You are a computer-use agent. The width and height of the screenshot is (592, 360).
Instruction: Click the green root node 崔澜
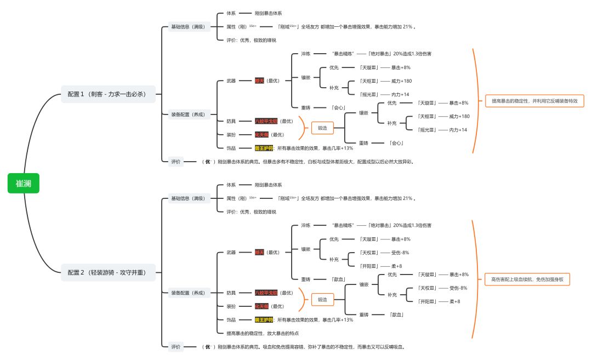point(24,184)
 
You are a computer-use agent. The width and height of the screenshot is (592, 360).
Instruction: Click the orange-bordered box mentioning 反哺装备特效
point(534,101)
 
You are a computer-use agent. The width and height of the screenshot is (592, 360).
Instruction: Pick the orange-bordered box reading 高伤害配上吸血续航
point(527,279)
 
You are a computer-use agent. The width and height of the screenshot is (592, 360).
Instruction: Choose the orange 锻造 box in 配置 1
point(322,128)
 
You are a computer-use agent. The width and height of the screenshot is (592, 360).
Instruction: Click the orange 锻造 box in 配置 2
point(322,300)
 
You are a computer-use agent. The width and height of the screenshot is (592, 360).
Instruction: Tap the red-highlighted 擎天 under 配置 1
point(259,81)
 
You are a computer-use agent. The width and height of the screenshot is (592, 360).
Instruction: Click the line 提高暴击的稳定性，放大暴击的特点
point(263,333)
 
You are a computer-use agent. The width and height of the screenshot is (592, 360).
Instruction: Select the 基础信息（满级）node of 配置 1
point(187,26)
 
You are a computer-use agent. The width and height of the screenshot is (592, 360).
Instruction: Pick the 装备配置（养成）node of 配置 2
point(187,293)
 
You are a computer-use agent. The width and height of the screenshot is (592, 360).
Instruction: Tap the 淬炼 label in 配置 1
point(305,54)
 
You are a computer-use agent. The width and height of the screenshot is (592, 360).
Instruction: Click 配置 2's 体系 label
point(231,185)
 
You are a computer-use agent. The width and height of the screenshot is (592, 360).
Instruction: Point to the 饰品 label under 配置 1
point(231,148)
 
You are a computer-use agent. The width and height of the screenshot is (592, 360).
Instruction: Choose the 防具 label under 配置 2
point(231,293)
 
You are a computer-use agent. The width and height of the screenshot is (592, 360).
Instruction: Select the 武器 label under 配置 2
point(231,253)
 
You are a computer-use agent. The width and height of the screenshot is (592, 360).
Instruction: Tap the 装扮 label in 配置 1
point(231,135)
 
